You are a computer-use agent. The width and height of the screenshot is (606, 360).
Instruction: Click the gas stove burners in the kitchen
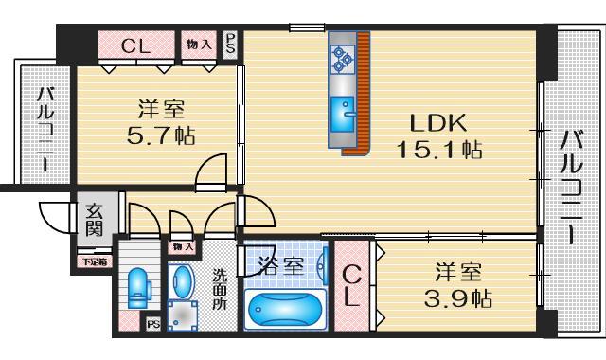click(x=341, y=60)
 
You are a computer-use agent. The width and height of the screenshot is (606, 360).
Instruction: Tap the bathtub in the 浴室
click(x=283, y=310)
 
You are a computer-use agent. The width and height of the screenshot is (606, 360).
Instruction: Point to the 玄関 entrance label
click(x=96, y=221)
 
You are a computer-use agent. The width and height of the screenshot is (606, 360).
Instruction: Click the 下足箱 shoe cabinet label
click(x=93, y=261)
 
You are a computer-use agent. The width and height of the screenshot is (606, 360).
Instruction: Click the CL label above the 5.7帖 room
click(x=135, y=45)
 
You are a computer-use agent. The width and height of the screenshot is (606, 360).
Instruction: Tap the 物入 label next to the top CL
click(x=199, y=44)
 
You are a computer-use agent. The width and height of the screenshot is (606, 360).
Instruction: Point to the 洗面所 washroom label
click(x=219, y=290)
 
